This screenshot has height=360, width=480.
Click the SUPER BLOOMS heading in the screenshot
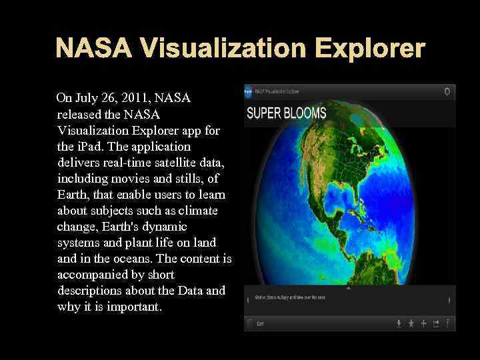[x=287, y=113]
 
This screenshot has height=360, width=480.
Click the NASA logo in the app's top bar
[x=249, y=91]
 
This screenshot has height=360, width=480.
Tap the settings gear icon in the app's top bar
[x=447, y=91]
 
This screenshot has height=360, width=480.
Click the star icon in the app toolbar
[x=411, y=323]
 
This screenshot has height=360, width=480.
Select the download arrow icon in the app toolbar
[x=399, y=323]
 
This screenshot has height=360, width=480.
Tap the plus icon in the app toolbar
[x=423, y=323]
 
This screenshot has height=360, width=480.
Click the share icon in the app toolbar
[x=435, y=323]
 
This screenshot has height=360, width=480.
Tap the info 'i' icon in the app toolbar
[x=447, y=323]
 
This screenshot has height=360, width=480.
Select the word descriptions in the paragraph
[x=92, y=291]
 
